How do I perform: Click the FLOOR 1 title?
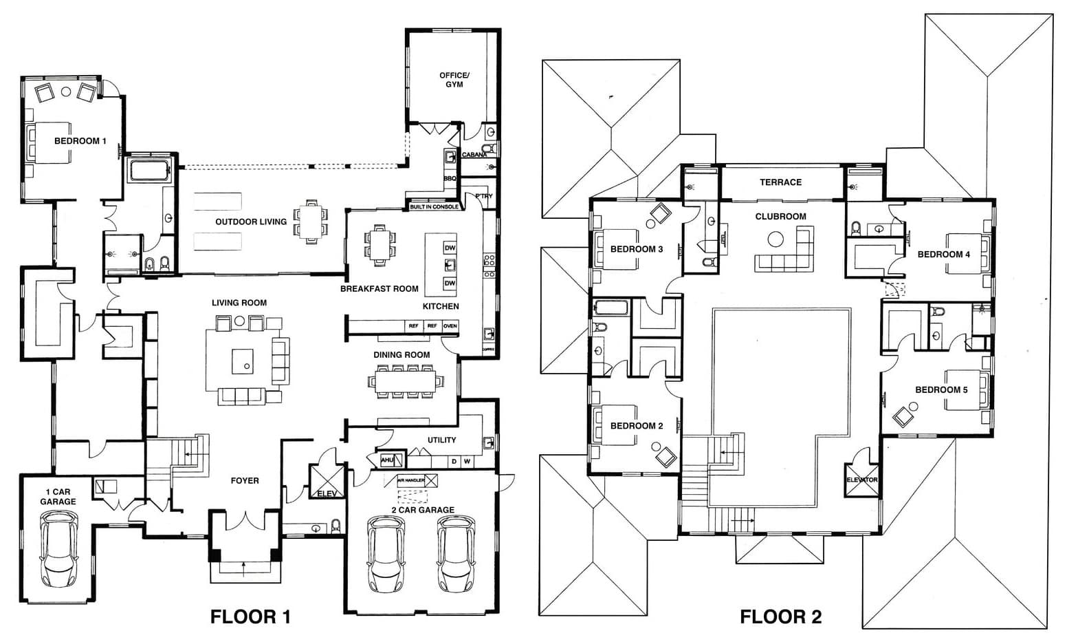[x=250, y=617]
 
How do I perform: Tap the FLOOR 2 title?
[x=780, y=617]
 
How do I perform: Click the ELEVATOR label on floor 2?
[x=861, y=480]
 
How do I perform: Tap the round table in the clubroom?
[x=775, y=239]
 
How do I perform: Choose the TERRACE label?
[x=780, y=182]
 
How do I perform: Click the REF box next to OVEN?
[x=432, y=326]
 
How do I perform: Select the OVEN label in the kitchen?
[x=450, y=326]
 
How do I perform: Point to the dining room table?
[x=406, y=381]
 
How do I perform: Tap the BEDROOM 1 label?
[x=80, y=141]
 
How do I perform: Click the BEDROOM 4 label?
[x=943, y=255]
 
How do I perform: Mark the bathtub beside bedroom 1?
[x=148, y=170]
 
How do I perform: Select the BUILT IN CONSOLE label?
[x=434, y=206]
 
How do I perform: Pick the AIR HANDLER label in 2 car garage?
[x=411, y=480]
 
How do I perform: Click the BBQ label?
[x=450, y=178]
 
